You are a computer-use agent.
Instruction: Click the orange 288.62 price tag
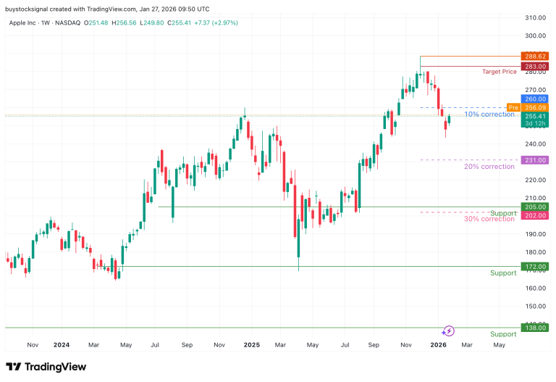tap(536, 56)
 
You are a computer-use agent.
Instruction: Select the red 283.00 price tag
tap(536, 66)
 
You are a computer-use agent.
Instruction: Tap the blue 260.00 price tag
tap(536, 99)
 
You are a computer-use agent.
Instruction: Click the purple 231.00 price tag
tap(536, 160)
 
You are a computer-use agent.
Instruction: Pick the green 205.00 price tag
tap(536, 207)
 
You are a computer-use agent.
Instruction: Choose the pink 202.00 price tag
tap(536, 215)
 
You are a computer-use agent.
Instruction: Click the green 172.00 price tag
tap(536, 267)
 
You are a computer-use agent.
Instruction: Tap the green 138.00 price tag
tap(536, 328)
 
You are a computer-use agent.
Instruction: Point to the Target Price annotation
tap(500, 72)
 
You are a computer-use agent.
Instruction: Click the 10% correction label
tap(489, 115)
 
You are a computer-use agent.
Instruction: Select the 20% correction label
tap(489, 167)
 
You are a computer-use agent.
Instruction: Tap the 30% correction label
tap(489, 219)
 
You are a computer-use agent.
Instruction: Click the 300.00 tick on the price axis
tap(536, 36)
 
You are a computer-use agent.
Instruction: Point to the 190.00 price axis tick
tap(536, 234)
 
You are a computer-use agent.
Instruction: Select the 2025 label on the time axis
tap(251, 346)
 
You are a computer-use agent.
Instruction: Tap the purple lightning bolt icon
tap(448, 331)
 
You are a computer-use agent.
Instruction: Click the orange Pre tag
tap(513, 107)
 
